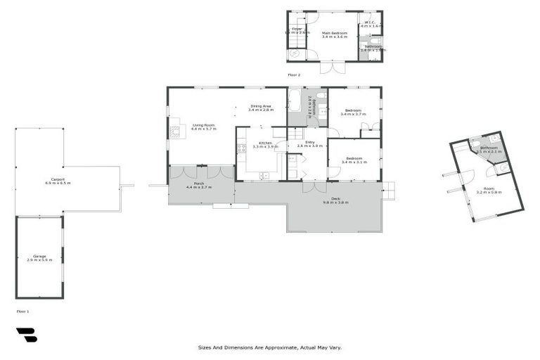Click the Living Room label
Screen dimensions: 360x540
point(203,125)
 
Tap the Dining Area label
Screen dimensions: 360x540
point(260,106)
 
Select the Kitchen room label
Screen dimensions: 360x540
point(265,143)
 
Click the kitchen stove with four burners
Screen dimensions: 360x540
point(241,148)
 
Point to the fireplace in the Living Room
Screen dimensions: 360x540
point(175,130)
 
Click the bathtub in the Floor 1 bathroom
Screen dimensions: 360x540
point(295,103)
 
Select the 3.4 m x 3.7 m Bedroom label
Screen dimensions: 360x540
point(353,110)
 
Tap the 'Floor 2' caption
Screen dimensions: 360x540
point(294,75)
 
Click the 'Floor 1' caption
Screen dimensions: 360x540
point(22,311)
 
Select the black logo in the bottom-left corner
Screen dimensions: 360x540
point(26,335)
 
